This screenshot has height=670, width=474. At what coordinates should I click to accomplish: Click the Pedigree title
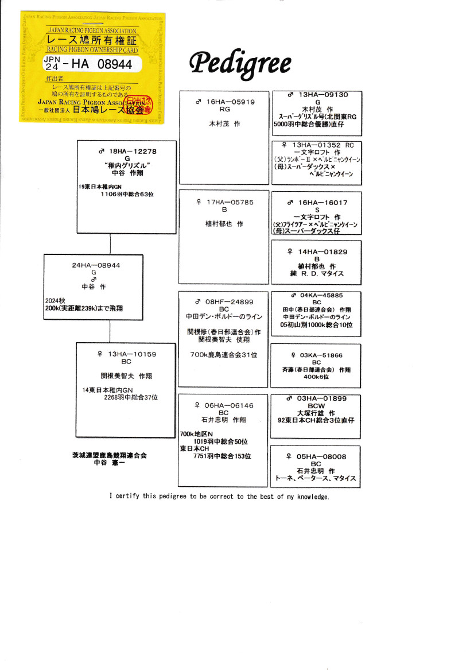pos(240,64)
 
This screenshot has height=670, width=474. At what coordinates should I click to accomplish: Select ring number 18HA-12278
pos(133,151)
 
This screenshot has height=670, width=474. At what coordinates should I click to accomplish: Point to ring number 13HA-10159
pos(131,354)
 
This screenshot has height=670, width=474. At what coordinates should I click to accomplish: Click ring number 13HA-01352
pos(316,145)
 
